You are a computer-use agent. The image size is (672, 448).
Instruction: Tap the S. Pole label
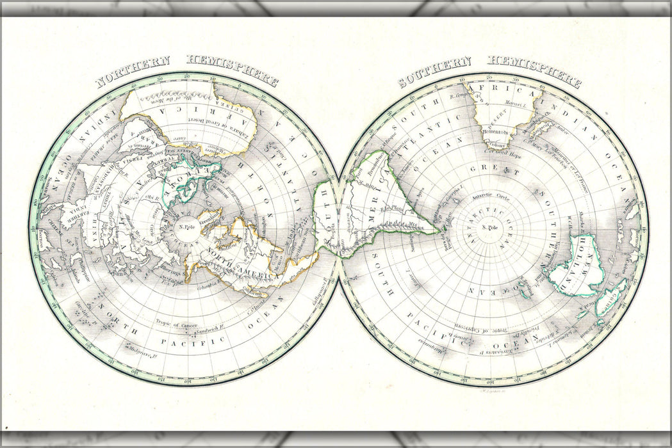click(493, 228)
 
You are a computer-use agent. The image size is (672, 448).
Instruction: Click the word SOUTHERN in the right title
click(434, 70)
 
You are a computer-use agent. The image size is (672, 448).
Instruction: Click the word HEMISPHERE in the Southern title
click(534, 72)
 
